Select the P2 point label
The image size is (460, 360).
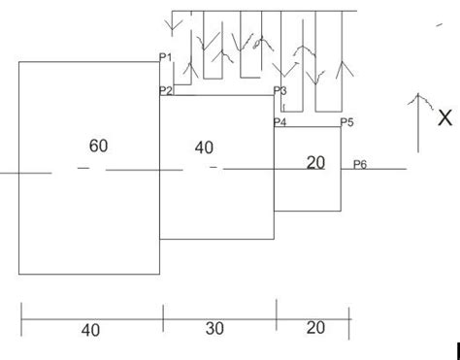coord(165,90)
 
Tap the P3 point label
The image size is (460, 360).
coord(280,90)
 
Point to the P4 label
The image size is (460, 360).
coord(280,122)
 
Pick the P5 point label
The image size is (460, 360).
coord(347,122)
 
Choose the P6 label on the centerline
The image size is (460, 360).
coord(360,164)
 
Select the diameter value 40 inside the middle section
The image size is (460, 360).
coord(204,147)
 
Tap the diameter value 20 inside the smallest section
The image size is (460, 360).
coord(315,163)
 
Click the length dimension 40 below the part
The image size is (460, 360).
coord(90,330)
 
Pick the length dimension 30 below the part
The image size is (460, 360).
coord(214,329)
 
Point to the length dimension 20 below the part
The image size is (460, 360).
coord(315,328)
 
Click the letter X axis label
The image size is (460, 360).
coord(444,117)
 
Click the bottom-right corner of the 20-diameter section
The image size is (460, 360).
coord(342,211)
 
